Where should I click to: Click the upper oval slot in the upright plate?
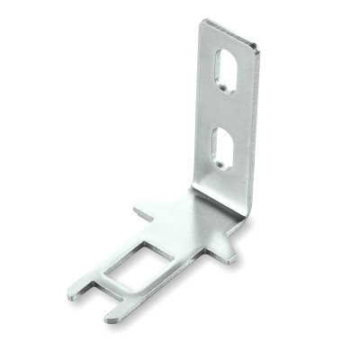[225, 69]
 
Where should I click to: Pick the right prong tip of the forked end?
[112, 317]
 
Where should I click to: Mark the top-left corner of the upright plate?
[202, 22]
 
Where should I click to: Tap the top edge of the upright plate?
[230, 32]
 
